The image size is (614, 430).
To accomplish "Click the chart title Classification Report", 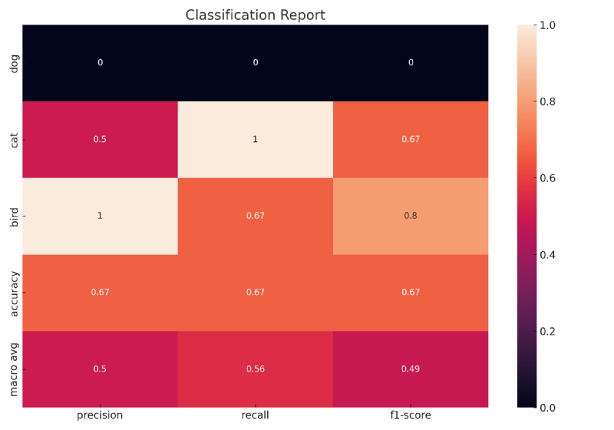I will [256, 15].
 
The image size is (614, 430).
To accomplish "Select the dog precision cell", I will [100, 63].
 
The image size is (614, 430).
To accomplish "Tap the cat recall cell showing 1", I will [256, 140].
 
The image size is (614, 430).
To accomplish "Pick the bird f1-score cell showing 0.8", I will [411, 216].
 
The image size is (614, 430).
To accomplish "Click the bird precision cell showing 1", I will [100, 216].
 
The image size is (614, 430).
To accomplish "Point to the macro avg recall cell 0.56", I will [256, 369].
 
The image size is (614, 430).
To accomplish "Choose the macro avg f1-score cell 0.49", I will [411, 369].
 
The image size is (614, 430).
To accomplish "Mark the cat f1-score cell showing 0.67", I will [411, 140].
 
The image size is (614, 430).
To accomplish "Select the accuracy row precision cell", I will [100, 293].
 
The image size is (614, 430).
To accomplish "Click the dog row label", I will [14, 63].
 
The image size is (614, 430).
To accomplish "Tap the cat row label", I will [14, 140].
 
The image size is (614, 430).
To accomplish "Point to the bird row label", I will [14, 216].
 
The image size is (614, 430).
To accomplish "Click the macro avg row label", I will [14, 369].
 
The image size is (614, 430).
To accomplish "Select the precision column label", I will [100, 415].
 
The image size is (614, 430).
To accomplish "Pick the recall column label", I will [256, 415].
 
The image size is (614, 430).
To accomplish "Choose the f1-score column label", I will [411, 415].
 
